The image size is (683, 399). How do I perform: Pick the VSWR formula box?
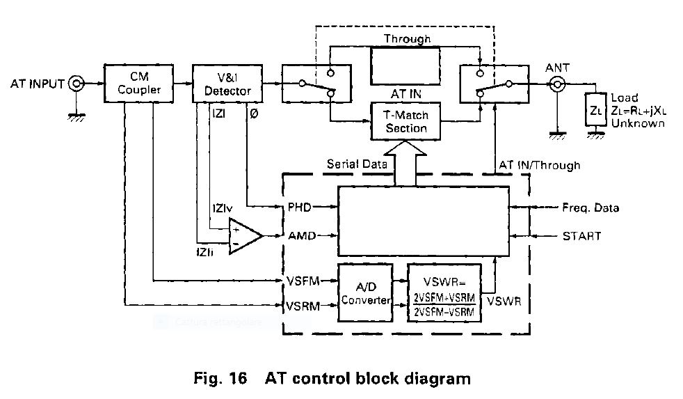[x=443, y=293]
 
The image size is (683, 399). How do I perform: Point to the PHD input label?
[x=300, y=207]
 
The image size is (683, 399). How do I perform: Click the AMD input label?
[x=301, y=236]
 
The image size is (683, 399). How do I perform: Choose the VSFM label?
[x=303, y=281]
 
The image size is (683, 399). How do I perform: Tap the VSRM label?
[x=303, y=305]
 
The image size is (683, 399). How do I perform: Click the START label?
[x=581, y=236]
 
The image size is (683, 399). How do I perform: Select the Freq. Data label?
[x=590, y=208]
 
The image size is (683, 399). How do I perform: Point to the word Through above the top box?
[x=407, y=39]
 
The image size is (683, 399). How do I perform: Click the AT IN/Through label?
[x=540, y=165]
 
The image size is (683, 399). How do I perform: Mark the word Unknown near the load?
[x=638, y=123]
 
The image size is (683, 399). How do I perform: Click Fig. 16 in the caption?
[x=220, y=379]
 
